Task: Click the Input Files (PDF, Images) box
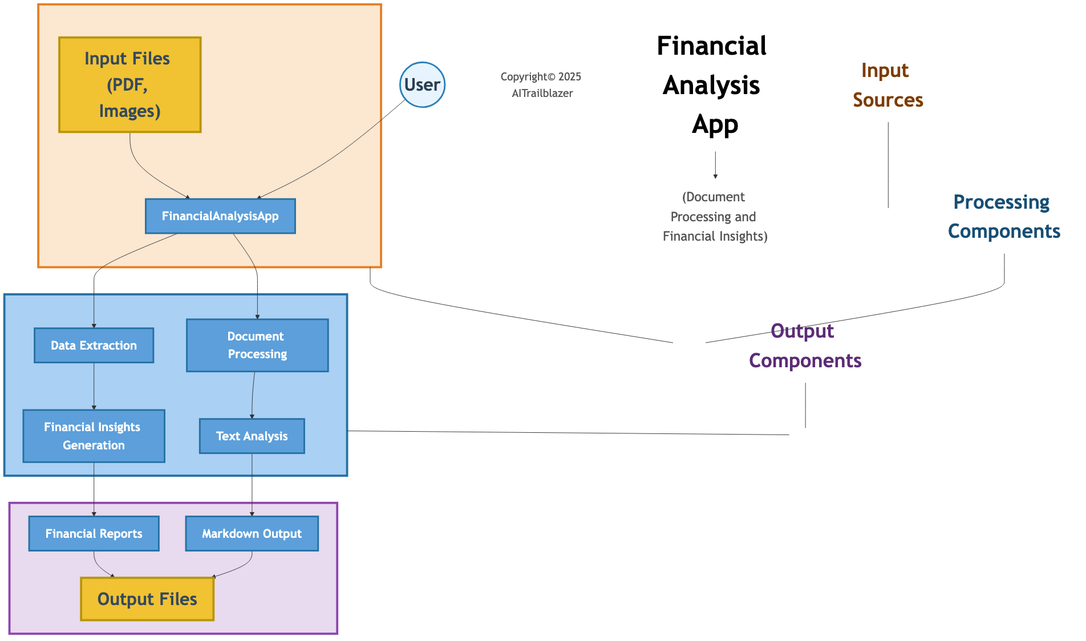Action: tap(129, 85)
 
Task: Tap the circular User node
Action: tap(422, 85)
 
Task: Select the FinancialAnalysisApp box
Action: tap(220, 216)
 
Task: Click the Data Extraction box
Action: tap(94, 345)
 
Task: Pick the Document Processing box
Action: tap(257, 345)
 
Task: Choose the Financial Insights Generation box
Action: tap(94, 436)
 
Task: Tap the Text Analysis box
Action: tap(252, 436)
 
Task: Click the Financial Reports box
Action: tap(94, 534)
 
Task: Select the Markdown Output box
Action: tap(252, 534)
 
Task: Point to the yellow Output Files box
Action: tap(147, 599)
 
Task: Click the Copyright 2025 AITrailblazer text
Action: tap(541, 85)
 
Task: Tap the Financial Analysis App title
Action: tap(712, 85)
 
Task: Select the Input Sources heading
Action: tap(888, 85)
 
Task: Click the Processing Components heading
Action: tap(1003, 216)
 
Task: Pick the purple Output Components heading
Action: tap(804, 346)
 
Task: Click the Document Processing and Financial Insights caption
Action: tap(715, 217)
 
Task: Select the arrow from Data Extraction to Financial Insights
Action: tap(94, 386)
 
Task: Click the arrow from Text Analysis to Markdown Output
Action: tap(252, 485)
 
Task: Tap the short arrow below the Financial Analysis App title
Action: tap(715, 165)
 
